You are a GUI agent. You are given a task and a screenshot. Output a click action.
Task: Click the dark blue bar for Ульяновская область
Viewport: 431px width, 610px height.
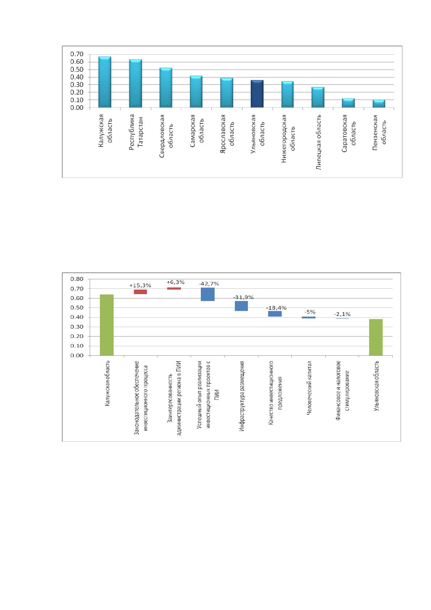[257, 94]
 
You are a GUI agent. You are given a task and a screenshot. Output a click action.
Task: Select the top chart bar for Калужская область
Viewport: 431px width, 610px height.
[105, 82]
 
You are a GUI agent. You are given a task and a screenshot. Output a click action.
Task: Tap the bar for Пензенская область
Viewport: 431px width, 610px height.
[379, 104]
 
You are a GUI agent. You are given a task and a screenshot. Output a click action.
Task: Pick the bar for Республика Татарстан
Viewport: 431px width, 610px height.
[135, 83]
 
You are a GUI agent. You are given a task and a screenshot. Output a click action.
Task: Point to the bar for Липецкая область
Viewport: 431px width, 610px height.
[318, 97]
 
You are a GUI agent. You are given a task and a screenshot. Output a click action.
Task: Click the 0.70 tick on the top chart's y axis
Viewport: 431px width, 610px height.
[77, 54]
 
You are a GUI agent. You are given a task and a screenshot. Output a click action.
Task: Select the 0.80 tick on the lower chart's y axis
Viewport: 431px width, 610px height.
[77, 279]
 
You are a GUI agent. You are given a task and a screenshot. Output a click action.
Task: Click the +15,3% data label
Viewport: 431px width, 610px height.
[140, 285]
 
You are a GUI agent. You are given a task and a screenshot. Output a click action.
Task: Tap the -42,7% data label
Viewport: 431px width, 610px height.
[209, 284]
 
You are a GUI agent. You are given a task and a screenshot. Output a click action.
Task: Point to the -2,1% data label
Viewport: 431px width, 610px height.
[342, 314]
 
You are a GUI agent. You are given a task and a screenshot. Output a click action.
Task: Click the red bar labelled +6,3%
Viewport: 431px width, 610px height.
[174, 288]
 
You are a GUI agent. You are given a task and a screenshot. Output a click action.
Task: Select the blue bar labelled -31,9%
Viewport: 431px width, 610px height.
[241, 306]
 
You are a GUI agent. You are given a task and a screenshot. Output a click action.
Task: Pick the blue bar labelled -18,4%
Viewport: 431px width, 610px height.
[275, 314]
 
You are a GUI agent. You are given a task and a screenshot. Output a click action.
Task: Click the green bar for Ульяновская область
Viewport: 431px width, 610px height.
[376, 337]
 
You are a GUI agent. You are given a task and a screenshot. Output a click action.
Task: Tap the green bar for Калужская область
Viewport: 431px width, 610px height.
[107, 325]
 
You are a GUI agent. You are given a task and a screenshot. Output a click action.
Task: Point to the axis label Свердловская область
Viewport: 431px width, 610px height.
[166, 136]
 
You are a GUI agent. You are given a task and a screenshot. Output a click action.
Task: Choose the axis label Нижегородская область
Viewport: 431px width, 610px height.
[288, 139]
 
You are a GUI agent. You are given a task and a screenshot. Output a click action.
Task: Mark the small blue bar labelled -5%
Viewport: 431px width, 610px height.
[309, 317]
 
